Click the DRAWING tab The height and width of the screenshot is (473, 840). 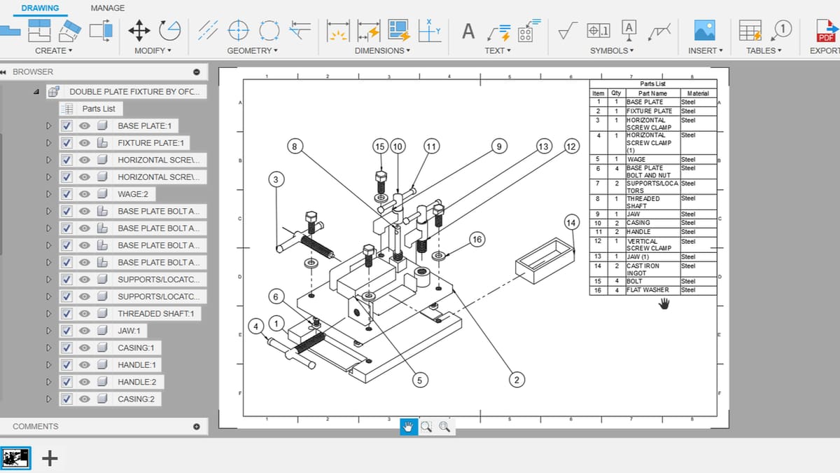tap(40, 8)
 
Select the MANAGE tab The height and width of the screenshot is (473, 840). tap(108, 8)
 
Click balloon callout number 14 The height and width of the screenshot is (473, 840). tap(571, 224)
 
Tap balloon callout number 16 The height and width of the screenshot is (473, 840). tap(477, 240)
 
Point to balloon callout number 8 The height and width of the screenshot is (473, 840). tap(295, 146)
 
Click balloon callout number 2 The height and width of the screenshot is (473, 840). tap(516, 380)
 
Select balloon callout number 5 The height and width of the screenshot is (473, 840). tap(419, 380)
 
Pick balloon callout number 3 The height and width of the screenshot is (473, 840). tap(276, 180)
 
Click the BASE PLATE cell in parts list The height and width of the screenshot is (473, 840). tap(644, 102)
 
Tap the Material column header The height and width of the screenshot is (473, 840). tap(697, 93)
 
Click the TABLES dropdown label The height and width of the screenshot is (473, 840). tap(762, 50)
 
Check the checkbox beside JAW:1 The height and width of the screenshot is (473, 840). tap(67, 331)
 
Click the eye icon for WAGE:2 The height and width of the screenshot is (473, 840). tap(85, 194)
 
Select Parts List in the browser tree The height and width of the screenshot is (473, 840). tap(99, 109)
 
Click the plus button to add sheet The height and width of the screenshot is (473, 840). tap(50, 458)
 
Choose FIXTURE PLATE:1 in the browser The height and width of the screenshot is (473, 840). tap(150, 143)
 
